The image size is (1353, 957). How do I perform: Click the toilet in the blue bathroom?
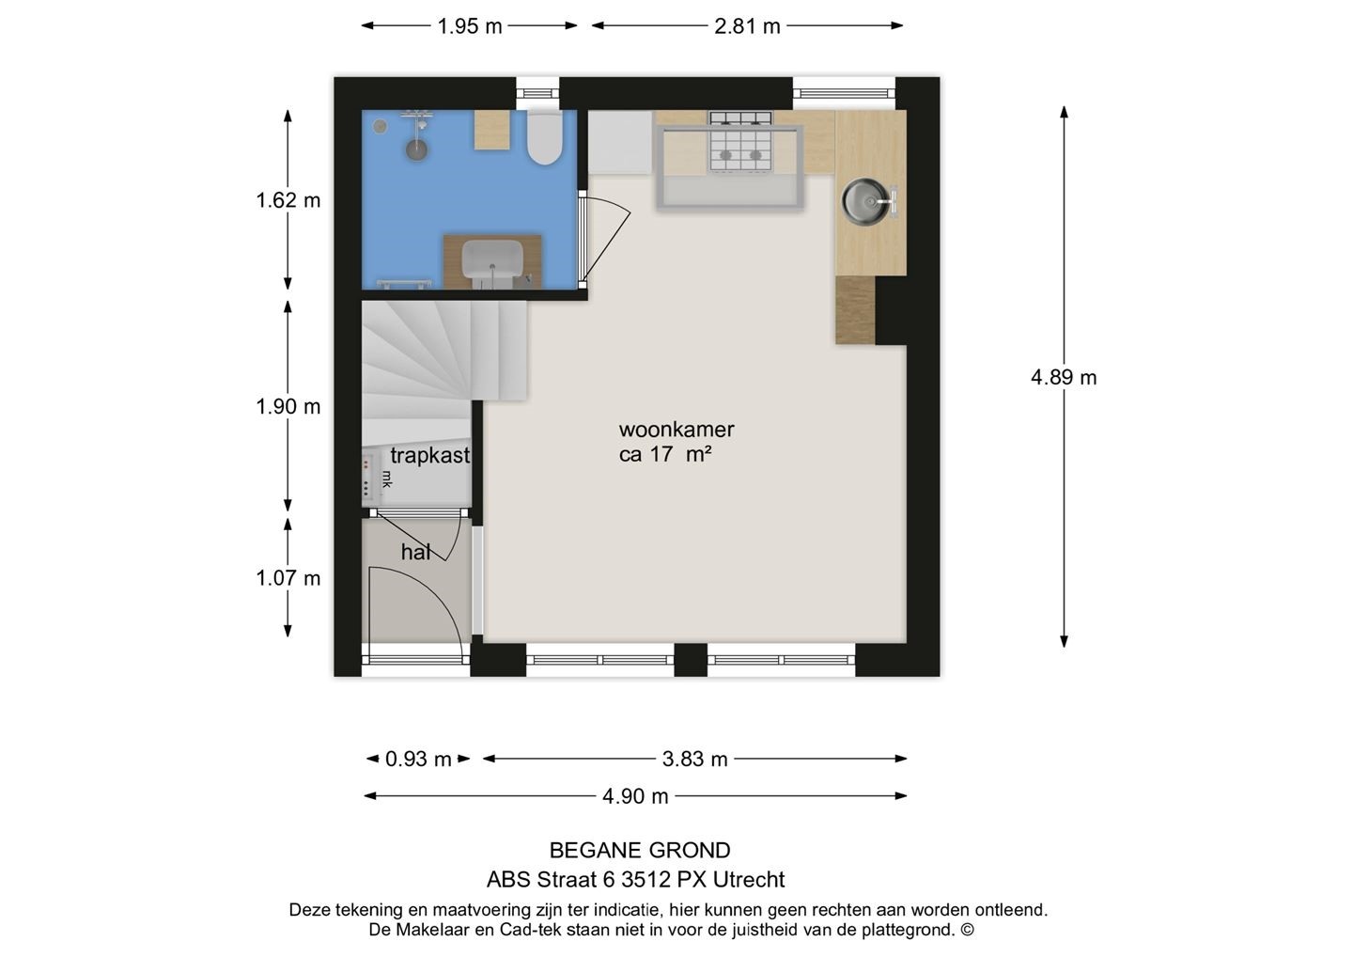click(544, 138)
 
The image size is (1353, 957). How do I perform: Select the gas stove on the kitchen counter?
click(740, 143)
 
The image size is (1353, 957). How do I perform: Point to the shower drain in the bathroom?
click(416, 149)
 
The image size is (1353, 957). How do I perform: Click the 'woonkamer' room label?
click(676, 430)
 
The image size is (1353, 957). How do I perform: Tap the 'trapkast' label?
click(430, 456)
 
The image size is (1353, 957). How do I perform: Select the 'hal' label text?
click(415, 551)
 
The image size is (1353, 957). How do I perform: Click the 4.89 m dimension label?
click(1064, 378)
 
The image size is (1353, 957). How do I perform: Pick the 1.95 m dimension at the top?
click(470, 26)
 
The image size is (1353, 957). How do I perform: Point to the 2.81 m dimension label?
click(747, 26)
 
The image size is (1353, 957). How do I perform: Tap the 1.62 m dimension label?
click(288, 200)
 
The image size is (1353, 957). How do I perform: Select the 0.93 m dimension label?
click(418, 759)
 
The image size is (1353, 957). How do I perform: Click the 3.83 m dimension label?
click(694, 759)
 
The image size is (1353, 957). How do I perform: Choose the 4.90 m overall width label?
click(635, 796)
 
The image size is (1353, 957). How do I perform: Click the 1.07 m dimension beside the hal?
click(288, 578)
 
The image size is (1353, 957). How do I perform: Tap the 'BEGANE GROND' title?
click(640, 851)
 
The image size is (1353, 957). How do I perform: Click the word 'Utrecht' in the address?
click(749, 880)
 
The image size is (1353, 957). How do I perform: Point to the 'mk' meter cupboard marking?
click(387, 478)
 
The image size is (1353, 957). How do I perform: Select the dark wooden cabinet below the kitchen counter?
click(855, 310)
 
